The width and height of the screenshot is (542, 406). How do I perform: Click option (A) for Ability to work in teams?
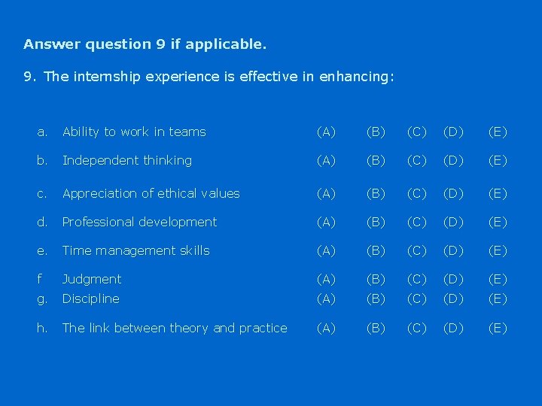coord(326,132)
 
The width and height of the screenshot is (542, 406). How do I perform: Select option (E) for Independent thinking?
coord(498,160)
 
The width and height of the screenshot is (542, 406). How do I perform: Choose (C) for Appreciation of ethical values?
coord(416,193)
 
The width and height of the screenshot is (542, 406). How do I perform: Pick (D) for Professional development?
coord(454,222)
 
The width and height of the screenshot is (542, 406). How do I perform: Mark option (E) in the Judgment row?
coord(498,279)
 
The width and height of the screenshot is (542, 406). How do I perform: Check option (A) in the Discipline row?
coord(326,298)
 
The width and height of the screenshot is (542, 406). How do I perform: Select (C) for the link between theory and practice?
coord(416,328)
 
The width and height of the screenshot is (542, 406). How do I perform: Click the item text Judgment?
coord(92,280)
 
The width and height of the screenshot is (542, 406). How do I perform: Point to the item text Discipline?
coord(91,298)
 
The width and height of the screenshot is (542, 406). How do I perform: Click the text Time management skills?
coord(136,250)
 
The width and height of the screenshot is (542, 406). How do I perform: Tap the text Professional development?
coord(139,222)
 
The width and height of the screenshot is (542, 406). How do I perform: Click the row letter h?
coord(42,328)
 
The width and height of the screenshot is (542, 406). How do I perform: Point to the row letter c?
coord(42,193)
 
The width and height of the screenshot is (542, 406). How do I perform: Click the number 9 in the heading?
coord(160,44)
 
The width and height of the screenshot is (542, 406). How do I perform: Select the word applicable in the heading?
coord(225,44)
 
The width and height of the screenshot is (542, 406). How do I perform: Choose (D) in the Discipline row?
coord(454,298)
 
